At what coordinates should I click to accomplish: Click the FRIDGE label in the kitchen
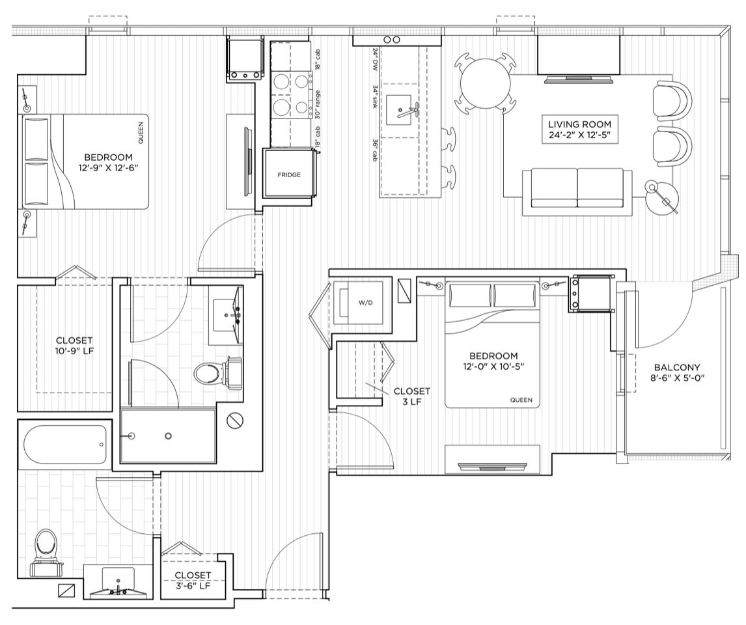289,175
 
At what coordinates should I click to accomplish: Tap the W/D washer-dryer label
365,303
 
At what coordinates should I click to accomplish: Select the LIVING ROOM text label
579,124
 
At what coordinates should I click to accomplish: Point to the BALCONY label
676,367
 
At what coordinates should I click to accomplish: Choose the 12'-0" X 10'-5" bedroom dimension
493,367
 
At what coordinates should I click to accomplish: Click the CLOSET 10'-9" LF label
74,346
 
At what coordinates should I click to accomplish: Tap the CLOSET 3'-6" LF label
193,580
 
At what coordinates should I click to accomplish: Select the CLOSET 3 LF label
411,396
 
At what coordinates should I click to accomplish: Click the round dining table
485,84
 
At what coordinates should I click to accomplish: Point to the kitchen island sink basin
398,110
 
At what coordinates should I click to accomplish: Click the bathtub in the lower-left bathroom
64,444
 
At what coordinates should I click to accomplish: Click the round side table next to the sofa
662,197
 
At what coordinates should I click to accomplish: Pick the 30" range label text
317,105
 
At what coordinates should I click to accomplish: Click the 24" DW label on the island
375,59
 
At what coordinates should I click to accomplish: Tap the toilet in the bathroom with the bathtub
47,551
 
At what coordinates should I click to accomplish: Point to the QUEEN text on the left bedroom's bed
140,133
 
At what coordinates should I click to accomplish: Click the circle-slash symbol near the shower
235,420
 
